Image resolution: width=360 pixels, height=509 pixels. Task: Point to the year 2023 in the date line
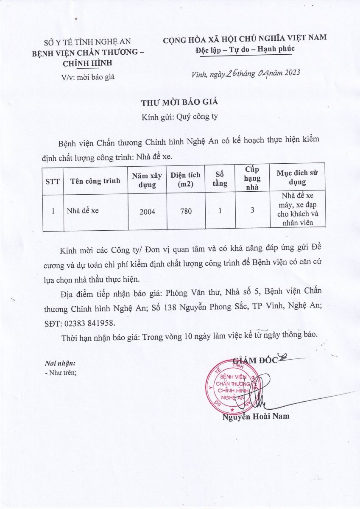coord(290,73)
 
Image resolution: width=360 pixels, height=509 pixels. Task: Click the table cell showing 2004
coord(147,211)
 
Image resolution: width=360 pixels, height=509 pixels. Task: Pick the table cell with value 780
coord(186,211)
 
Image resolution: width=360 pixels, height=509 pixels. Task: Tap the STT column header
coord(53,181)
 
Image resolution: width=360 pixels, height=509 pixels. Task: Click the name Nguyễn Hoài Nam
coord(256,416)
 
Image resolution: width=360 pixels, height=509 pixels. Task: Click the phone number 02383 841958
coord(88,323)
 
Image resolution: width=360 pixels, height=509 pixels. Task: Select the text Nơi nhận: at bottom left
coord(60,364)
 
